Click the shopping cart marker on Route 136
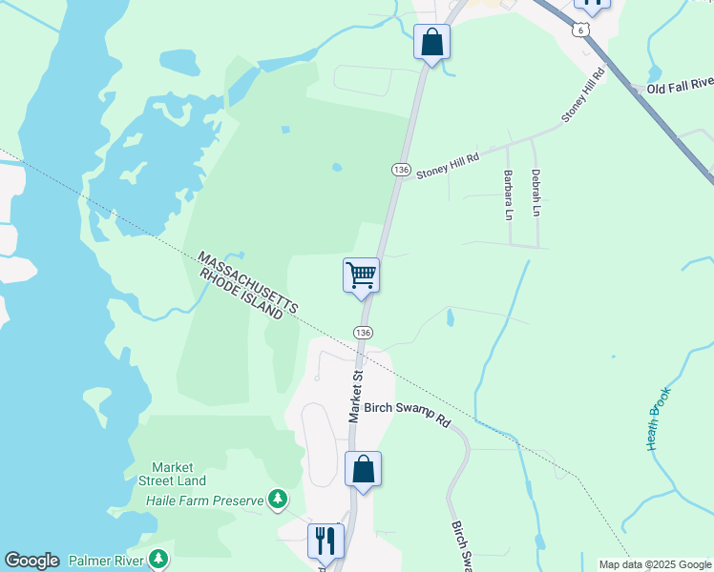pyautogui.click(x=361, y=276)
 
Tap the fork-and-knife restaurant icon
pyautogui.click(x=325, y=541)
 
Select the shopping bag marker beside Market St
pyautogui.click(x=363, y=470)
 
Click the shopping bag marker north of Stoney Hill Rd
pyautogui.click(x=431, y=43)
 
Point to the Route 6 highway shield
pyautogui.click(x=581, y=31)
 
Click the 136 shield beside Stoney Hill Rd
pyautogui.click(x=401, y=170)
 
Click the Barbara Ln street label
pyautogui.click(x=508, y=194)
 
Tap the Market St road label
pyautogui.click(x=357, y=398)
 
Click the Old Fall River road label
pyautogui.click(x=680, y=89)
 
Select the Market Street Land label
pyautogui.click(x=172, y=474)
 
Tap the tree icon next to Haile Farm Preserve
pyautogui.click(x=278, y=498)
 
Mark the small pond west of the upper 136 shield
pyautogui.click(x=337, y=168)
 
